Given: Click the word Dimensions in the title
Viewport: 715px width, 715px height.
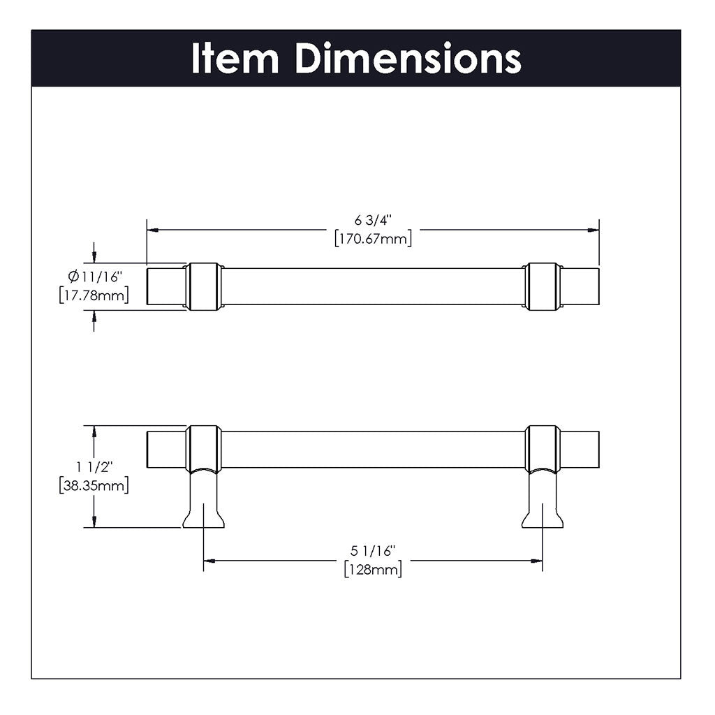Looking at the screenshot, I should [408, 59].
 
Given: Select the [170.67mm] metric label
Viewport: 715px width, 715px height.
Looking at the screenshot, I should [373, 238].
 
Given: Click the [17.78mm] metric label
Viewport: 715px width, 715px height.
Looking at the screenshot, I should [94, 296].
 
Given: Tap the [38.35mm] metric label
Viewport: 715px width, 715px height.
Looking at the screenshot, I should [94, 485].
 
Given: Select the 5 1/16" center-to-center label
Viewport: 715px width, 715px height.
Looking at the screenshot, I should [373, 552].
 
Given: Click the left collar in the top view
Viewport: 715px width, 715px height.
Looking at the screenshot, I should [203, 286].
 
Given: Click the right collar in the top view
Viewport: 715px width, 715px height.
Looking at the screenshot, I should [543, 286].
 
